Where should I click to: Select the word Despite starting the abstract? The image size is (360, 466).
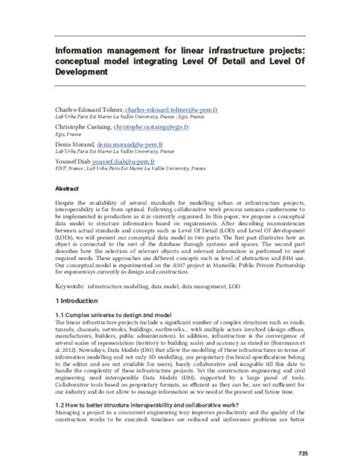click(x=68, y=204)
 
